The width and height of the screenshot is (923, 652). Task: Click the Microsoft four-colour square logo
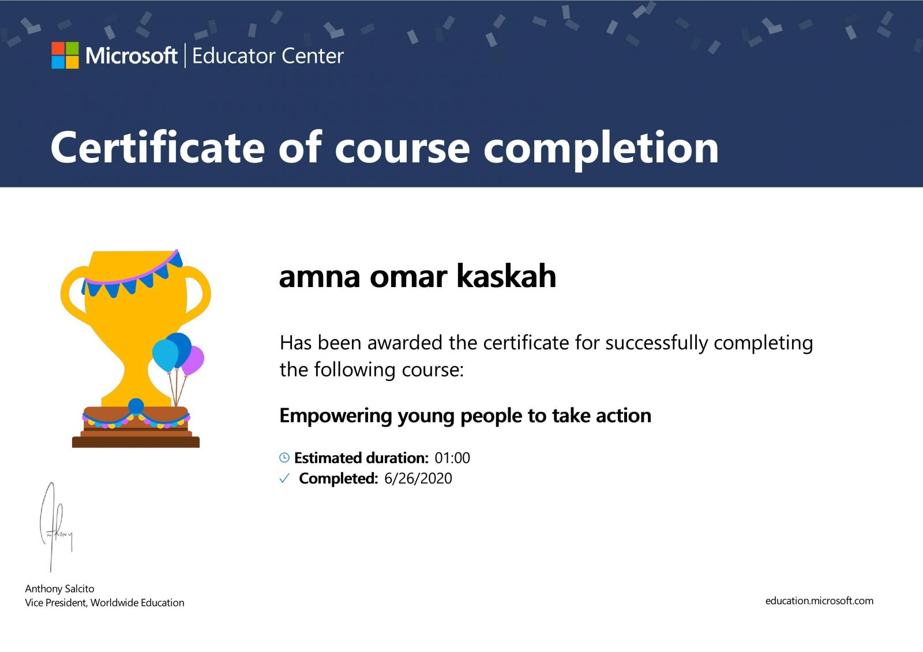click(x=65, y=55)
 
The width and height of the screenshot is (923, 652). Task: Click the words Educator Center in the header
click(x=268, y=56)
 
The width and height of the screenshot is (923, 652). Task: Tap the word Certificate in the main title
click(x=157, y=148)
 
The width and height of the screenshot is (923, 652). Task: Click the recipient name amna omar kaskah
click(x=418, y=276)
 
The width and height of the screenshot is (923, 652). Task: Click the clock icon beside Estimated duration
click(x=284, y=457)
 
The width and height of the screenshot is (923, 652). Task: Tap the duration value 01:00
click(x=452, y=458)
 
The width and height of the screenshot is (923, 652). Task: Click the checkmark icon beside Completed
click(x=284, y=478)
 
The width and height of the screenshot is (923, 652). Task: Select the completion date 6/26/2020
click(x=418, y=478)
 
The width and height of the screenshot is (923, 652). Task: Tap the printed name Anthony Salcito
click(x=60, y=589)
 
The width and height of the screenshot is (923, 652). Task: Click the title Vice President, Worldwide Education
click(x=104, y=603)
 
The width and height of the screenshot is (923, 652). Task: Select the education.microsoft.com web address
click(x=819, y=601)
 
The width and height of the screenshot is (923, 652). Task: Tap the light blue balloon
click(x=165, y=356)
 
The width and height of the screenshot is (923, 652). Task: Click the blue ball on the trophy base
click(x=136, y=406)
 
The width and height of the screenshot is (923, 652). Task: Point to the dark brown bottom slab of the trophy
click(x=136, y=442)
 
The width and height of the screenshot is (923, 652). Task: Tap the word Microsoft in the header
click(x=132, y=55)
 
